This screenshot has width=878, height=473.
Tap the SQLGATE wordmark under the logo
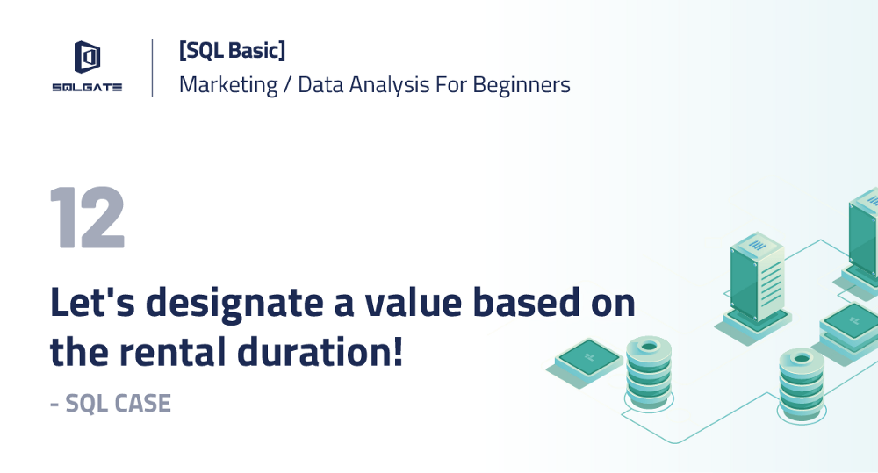click(x=86, y=86)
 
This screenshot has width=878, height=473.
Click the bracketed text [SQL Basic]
click(x=232, y=52)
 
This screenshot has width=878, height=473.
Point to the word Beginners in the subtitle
click(x=522, y=85)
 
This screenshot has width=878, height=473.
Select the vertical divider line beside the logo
click(x=153, y=68)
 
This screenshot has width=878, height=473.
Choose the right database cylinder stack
click(x=801, y=383)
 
